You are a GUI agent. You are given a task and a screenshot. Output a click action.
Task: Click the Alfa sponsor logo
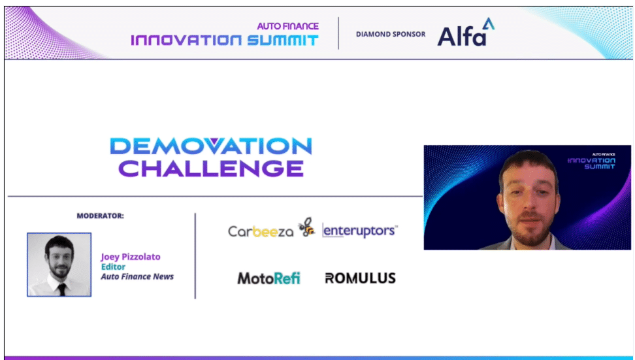(466, 32)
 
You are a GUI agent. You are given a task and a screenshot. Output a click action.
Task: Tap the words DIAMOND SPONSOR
(391, 35)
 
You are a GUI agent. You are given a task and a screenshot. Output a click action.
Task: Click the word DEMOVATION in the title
(211, 146)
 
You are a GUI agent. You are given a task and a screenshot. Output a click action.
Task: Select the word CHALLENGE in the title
(211, 169)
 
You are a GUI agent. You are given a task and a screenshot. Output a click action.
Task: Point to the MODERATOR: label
(101, 216)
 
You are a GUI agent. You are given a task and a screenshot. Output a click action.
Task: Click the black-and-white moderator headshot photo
(59, 265)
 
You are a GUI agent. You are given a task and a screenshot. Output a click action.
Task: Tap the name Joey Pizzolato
(131, 257)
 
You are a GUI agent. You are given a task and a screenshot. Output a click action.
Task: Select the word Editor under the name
(113, 267)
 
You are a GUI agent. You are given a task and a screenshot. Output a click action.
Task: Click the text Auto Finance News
(137, 276)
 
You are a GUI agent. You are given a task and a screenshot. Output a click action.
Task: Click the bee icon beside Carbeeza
(307, 227)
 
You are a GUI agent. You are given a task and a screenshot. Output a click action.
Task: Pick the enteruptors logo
(360, 231)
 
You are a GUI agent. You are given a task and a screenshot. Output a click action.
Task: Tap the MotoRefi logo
(269, 278)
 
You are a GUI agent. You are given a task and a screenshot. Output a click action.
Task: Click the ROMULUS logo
(360, 278)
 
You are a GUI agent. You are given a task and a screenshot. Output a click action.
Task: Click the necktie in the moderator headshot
(62, 289)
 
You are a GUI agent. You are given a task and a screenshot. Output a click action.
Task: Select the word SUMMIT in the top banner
(283, 40)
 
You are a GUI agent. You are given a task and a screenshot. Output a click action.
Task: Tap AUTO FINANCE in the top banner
(288, 26)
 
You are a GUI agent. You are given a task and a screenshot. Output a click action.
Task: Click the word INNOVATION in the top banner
(186, 40)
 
